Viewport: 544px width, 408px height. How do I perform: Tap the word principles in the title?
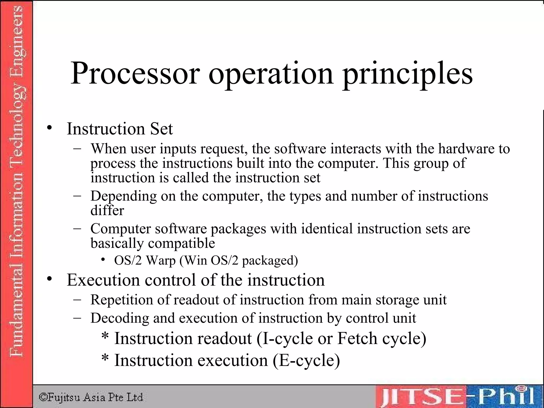click(408, 74)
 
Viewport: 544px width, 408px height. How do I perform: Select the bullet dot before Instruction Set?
click(49, 128)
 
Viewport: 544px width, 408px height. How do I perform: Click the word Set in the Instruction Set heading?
click(161, 129)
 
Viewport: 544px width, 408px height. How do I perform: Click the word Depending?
click(124, 197)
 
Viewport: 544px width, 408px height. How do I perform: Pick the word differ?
click(107, 210)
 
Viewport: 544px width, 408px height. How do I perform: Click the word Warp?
click(161, 260)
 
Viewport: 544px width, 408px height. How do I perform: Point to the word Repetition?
click(122, 300)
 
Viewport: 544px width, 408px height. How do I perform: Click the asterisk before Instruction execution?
click(105, 358)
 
